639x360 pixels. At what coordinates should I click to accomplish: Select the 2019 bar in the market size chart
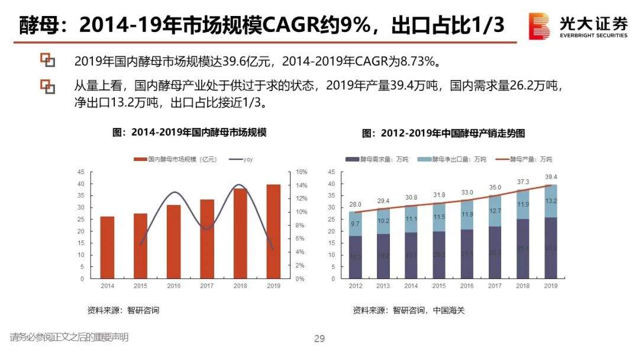(x=273, y=231)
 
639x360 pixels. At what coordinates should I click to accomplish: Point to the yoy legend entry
(x=245, y=159)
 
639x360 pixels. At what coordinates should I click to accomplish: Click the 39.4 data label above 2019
(x=551, y=176)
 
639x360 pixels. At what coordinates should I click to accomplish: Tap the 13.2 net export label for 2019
(x=551, y=201)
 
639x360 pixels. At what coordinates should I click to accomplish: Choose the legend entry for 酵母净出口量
(x=456, y=159)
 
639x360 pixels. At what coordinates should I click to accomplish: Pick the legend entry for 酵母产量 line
(x=527, y=159)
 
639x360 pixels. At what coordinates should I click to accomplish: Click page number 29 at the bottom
(x=319, y=339)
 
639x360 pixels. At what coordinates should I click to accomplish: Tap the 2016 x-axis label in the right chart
(x=467, y=286)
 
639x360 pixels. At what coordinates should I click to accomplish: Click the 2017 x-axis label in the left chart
(x=207, y=286)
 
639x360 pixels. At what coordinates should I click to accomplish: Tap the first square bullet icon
(x=47, y=60)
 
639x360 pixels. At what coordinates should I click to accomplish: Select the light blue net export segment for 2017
(x=495, y=211)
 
